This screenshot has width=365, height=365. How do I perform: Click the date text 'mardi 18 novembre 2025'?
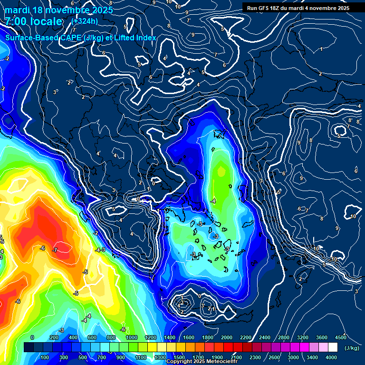59,10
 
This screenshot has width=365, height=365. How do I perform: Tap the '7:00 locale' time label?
34,21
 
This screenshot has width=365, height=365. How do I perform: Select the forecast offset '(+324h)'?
85,21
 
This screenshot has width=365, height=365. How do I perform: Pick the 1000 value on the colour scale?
132,337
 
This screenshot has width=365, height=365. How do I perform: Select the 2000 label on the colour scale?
227,337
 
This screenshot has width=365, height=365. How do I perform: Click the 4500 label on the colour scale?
341,337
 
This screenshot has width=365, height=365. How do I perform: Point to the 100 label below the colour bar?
45,357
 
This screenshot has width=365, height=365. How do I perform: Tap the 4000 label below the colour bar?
331,357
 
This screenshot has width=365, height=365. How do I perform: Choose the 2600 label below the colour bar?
274,357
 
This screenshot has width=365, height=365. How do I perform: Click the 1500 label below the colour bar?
179,357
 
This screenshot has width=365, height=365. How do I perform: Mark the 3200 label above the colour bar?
303,337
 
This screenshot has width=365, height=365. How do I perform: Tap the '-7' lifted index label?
55,250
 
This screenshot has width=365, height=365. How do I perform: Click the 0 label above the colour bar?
32,337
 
